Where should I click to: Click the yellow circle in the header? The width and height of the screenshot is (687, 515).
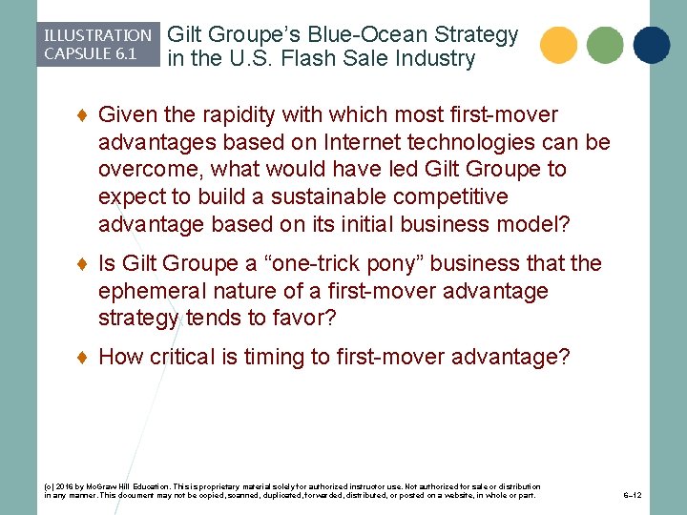tap(558, 45)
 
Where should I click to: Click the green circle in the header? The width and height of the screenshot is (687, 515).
tap(605, 45)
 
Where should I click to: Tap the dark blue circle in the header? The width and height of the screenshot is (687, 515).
tap(652, 45)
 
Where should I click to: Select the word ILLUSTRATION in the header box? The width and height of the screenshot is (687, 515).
tap(97, 35)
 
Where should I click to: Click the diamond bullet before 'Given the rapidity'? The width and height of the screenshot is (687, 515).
tap(83, 115)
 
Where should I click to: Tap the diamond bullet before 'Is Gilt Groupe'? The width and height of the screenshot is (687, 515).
tap(83, 263)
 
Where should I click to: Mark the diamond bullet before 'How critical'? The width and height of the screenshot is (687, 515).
tap(83, 357)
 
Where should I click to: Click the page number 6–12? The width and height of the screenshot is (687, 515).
tap(632, 496)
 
